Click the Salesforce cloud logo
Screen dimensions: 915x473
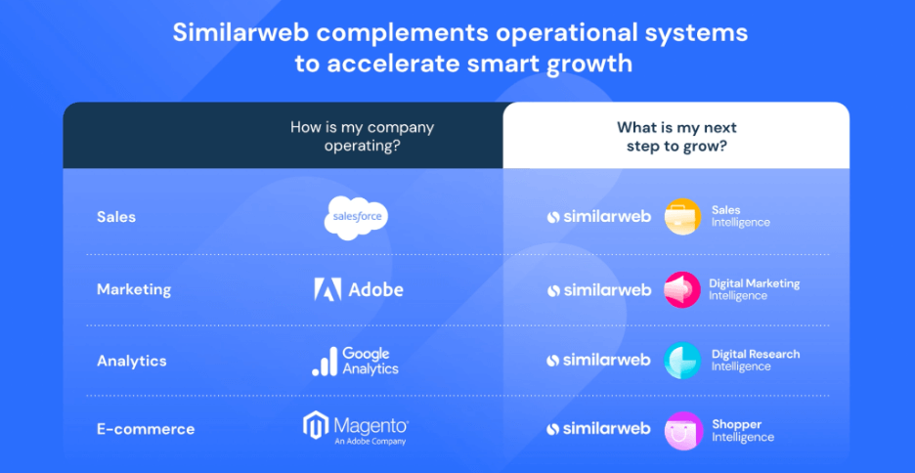pos(356,218)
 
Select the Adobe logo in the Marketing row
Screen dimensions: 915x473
pos(359,289)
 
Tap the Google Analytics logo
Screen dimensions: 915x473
pos(355,361)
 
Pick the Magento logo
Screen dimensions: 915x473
pos(356,429)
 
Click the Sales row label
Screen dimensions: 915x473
pos(116,217)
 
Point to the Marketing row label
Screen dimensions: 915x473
pos(134,289)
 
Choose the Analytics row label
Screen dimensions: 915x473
pos(131,361)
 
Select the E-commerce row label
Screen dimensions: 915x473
pos(146,429)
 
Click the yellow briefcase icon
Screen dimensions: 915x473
pos(682,217)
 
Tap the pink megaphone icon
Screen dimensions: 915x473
pos(682,289)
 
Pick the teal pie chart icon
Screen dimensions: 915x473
pos(682,361)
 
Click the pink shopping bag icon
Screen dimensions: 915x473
pos(683,430)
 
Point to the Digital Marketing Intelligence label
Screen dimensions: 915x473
pos(754,289)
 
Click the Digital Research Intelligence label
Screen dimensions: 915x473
pos(755,361)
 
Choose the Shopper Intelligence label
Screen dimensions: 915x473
pos(742,430)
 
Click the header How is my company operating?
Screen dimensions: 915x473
pos(362,136)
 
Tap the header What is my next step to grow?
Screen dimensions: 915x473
pos(676,136)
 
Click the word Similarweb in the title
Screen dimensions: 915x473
pos(236,32)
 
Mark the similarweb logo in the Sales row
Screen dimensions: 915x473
pos(598,217)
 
